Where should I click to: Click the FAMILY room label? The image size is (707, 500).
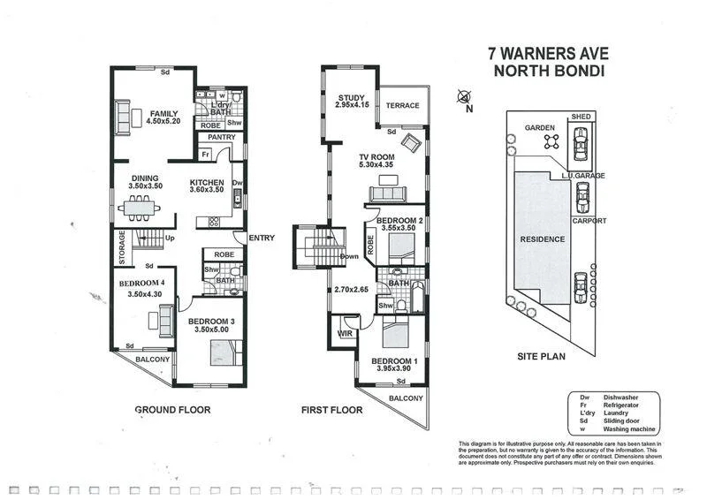coord(163,114)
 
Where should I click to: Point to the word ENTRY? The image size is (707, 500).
coord(262,238)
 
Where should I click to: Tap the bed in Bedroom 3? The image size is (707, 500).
coord(221,354)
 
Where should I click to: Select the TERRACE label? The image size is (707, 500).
coord(402,106)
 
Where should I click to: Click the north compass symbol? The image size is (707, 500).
coord(464,98)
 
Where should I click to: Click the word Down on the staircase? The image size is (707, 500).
coord(347,257)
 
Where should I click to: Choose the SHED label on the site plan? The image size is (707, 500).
coord(581,117)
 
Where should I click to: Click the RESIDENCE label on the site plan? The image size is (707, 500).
coord(542,239)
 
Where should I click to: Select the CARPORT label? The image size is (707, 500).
coord(589,221)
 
